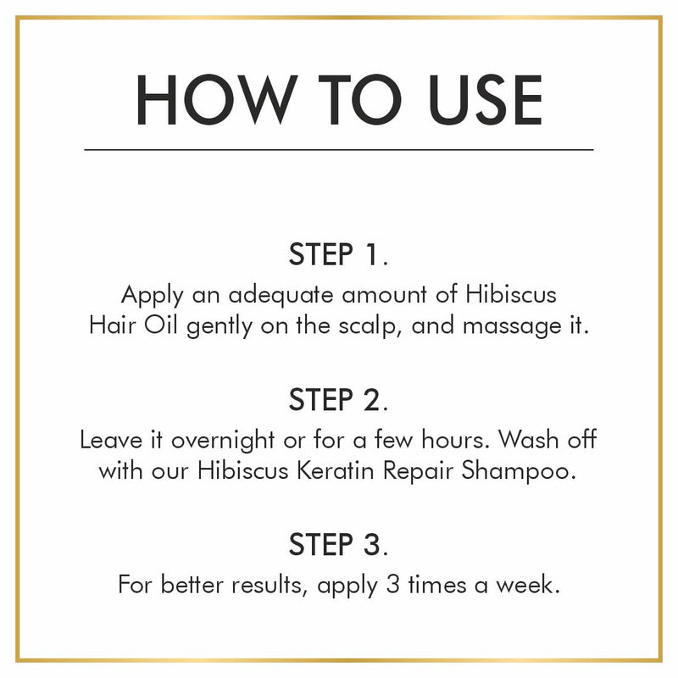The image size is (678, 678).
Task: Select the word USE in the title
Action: click(485, 99)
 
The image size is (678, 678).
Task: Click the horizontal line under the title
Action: click(339, 150)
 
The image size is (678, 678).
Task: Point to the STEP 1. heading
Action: click(338, 254)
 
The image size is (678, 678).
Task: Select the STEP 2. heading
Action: click(338, 399)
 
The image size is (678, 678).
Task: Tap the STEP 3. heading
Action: click(338, 544)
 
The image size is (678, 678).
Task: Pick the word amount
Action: click(385, 296)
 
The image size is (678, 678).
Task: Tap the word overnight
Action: click(223, 442)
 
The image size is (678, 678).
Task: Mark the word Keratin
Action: click(336, 470)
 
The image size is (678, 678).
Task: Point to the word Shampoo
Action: click(519, 472)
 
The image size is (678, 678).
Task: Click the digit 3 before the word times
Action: click(393, 585)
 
